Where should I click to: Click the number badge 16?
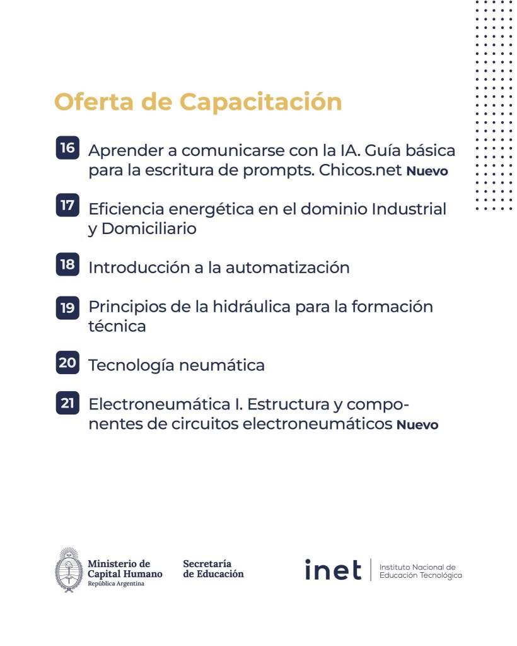[x=67, y=149]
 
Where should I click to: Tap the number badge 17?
[x=67, y=206]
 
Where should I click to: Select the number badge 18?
[x=67, y=265]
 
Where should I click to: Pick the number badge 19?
[x=67, y=307]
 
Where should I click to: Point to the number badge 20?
[x=67, y=363]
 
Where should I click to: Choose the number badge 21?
[x=67, y=402]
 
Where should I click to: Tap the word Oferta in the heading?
[x=93, y=102]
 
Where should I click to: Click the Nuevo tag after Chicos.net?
[x=427, y=172]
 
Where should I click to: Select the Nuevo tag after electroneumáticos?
[x=417, y=425]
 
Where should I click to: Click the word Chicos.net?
[x=360, y=170]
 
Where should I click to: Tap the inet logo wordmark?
[x=333, y=570]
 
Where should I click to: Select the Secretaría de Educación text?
[x=212, y=568]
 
